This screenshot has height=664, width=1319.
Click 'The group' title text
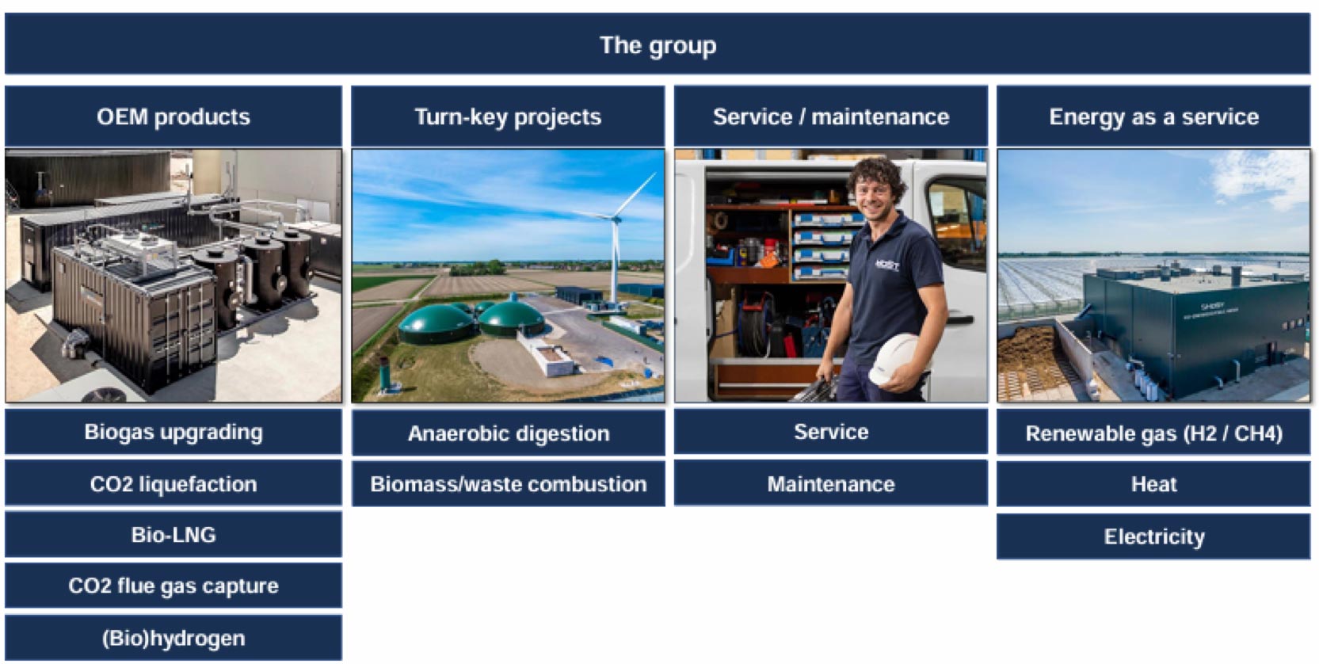658,45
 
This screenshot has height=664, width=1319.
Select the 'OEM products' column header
173,116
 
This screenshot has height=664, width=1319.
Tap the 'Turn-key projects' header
508,116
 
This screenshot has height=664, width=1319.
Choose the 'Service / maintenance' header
831,116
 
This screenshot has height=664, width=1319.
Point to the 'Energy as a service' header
1153,116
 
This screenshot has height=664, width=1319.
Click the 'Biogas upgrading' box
173,432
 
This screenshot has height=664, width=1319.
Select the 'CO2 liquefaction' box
173,483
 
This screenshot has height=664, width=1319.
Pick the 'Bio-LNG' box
173,535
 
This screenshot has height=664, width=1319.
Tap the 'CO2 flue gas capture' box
173,586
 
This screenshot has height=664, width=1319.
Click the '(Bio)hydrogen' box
173,638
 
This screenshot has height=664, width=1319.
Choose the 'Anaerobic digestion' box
508,433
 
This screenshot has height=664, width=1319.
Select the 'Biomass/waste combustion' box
508,483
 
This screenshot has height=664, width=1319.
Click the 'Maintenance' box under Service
831,483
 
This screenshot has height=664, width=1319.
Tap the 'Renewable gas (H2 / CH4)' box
1153,433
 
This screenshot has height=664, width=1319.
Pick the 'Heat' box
1153,483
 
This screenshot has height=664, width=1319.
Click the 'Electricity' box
1153,536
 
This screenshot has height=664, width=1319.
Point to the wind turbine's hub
616,219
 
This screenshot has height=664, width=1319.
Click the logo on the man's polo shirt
886,265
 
